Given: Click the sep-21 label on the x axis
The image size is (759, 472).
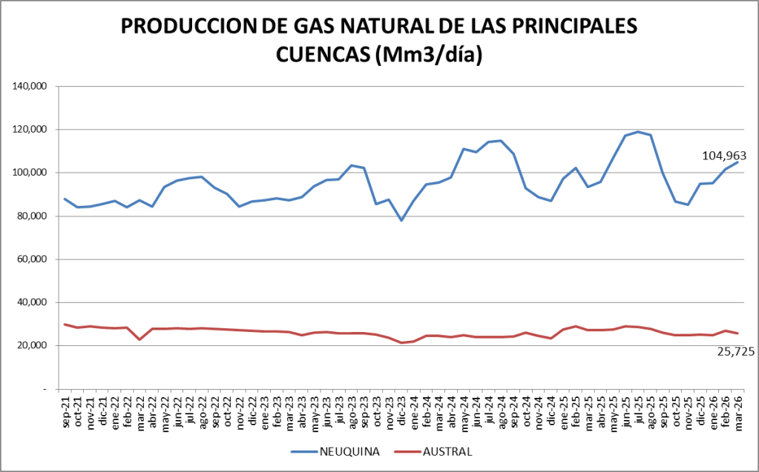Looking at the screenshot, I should (65, 411).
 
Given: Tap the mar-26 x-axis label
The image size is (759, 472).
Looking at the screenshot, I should (738, 411).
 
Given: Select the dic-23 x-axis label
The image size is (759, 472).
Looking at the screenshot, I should (401, 411).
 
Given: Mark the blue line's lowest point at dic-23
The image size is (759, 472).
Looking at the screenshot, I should (401, 220).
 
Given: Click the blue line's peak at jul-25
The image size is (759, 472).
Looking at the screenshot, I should (638, 132).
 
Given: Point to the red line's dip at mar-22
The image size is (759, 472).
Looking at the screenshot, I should (139, 339).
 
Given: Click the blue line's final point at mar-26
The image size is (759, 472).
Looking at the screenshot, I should (738, 162).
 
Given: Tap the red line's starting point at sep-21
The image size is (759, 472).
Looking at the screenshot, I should (65, 324).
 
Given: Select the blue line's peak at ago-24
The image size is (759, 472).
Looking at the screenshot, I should (501, 141).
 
